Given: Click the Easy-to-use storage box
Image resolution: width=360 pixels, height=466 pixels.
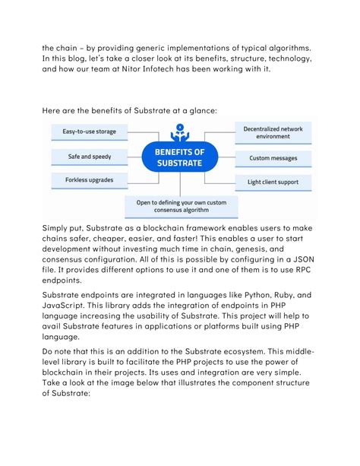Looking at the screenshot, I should click(x=84, y=132).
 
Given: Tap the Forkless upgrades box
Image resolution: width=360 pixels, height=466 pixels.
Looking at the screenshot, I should click(x=84, y=181).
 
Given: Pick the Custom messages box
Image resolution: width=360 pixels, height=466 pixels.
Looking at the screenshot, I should click(x=273, y=159).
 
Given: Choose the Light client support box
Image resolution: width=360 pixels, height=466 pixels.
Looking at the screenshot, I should click(x=273, y=182).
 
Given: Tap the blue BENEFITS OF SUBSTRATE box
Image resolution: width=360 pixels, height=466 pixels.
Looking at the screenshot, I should click(x=179, y=158).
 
